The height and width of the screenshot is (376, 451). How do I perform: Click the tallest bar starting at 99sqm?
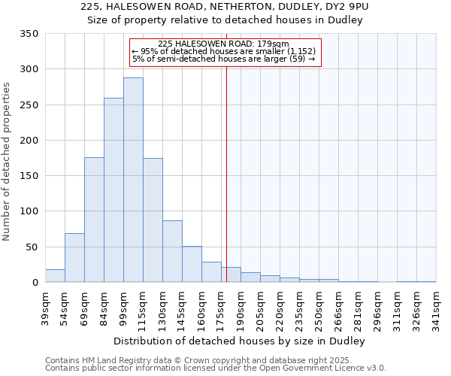click(x=133, y=180)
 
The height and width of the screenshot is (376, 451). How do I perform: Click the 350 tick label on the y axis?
click(x=29, y=34)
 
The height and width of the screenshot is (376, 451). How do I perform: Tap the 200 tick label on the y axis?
click(x=29, y=141)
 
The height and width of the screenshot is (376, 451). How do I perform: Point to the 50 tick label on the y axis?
click(x=32, y=247)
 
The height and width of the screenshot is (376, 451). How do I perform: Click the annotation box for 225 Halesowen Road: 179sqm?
click(x=225, y=52)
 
